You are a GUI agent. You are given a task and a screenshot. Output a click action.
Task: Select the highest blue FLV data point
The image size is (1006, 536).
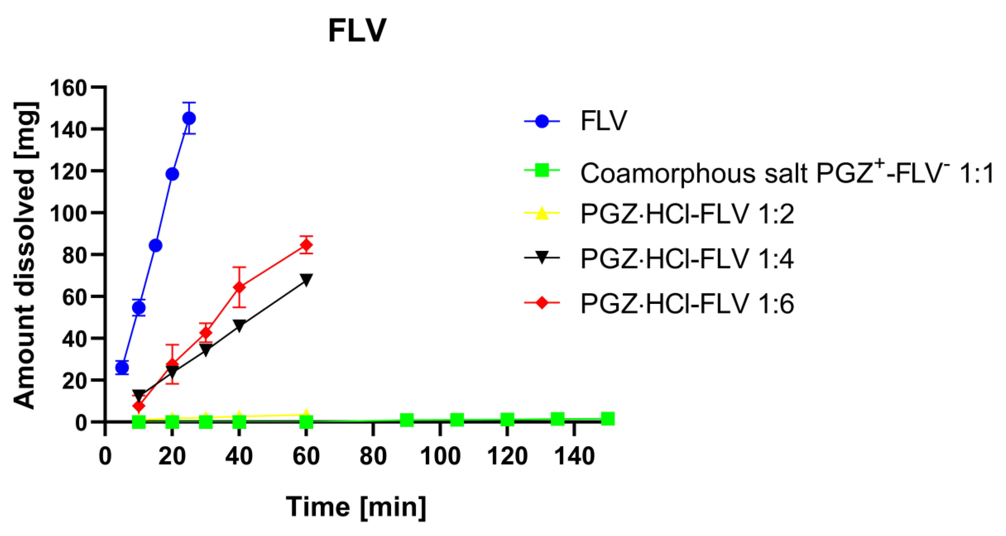point(189,118)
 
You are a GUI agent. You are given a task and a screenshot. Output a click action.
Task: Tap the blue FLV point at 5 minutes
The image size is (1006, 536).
point(122,367)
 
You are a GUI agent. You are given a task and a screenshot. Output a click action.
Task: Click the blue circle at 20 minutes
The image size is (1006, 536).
point(172,174)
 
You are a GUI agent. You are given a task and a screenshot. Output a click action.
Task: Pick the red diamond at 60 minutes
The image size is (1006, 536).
point(307,245)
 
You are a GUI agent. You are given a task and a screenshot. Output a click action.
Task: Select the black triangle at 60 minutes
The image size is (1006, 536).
point(307,280)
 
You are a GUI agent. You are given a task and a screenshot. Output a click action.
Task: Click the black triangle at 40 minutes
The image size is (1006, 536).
point(239,325)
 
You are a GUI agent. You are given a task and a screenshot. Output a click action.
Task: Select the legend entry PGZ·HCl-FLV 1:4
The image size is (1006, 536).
point(687,258)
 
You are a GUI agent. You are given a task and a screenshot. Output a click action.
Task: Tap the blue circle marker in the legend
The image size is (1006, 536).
point(542,121)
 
